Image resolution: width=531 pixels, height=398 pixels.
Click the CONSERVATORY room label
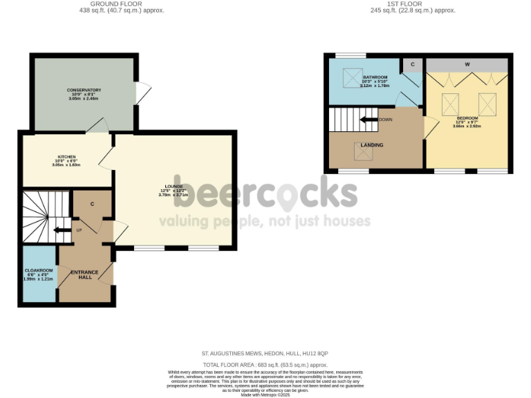[84, 91]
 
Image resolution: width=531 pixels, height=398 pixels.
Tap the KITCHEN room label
[67, 157]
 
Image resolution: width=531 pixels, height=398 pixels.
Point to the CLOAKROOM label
[39, 270]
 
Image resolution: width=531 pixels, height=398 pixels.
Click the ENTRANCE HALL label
[84, 274]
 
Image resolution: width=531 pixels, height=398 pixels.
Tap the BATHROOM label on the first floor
[375, 77]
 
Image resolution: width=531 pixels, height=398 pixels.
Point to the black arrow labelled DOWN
[369, 120]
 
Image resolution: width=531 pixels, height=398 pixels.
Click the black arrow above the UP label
[62, 231]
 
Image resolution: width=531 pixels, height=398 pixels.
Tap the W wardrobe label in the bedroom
[467, 64]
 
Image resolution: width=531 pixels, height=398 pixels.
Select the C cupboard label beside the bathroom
[412, 64]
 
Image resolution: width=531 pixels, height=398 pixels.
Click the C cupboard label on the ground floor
[93, 204]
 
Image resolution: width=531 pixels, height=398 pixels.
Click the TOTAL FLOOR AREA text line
[265, 364]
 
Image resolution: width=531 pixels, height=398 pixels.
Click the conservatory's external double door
[143, 93]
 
